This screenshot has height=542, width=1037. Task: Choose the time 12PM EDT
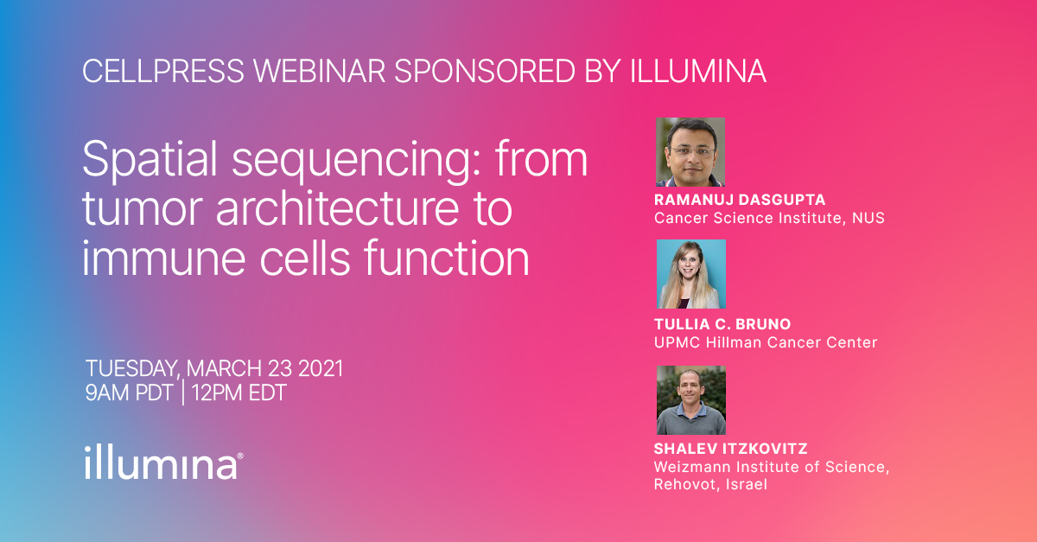tap(239, 393)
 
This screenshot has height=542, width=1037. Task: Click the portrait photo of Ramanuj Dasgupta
tap(690, 152)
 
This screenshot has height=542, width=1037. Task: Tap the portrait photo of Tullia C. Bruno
tap(690, 274)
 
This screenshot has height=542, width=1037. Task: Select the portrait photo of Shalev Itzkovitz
tap(690, 400)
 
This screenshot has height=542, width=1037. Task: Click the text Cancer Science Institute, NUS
tap(769, 218)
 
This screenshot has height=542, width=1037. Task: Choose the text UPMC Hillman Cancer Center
tap(766, 342)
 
